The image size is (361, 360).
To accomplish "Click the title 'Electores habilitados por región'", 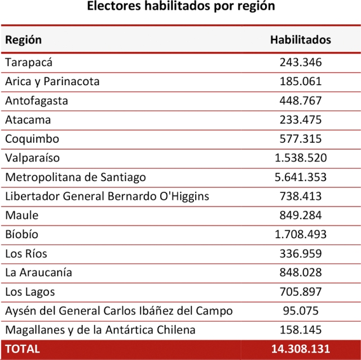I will [180, 7].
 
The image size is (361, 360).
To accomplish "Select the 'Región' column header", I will [23, 40].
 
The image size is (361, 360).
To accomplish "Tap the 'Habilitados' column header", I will [300, 40].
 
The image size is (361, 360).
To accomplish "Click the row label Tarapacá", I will [29, 62].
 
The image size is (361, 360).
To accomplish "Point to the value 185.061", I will [301, 81].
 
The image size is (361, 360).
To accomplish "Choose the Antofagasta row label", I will [37, 100].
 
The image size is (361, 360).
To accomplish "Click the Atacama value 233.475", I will [301, 120].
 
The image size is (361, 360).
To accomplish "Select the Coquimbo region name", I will [32, 139].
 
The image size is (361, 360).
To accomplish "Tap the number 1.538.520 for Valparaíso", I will [301, 158].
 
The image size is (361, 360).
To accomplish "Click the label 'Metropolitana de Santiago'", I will [76, 177].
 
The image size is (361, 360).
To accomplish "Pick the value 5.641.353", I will [301, 177].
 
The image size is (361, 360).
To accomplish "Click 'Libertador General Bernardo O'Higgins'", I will [107, 196].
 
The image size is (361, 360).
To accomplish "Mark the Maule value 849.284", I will [301, 216].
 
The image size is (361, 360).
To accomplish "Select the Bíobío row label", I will [22, 235].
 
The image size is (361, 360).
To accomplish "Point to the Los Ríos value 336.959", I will [301, 254].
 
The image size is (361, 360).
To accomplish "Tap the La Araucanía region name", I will [38, 273].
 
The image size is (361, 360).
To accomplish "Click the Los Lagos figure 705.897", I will [301, 292].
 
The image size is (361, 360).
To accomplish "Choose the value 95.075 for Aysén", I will [301, 311].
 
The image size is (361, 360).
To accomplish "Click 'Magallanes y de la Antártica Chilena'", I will [100, 330].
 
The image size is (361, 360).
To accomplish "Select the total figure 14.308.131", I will [301, 349].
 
